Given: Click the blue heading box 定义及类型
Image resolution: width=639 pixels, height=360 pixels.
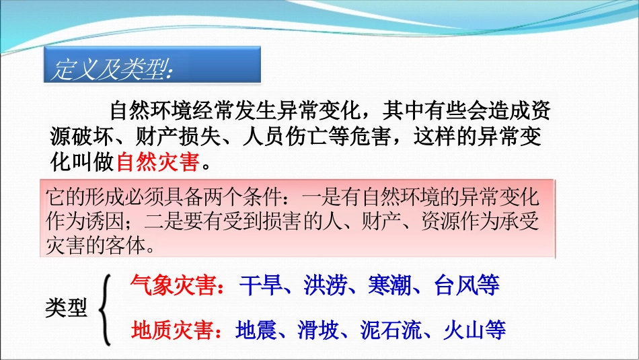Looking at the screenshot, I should click(152, 65).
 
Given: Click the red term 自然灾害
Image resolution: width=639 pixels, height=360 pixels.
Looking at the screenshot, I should click(159, 161).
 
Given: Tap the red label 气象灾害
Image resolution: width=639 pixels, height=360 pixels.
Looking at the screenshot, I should click(176, 286).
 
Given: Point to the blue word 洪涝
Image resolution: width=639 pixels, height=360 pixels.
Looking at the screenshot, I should click(325, 286).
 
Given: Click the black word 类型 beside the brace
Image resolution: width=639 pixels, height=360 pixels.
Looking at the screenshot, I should click(66, 308).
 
